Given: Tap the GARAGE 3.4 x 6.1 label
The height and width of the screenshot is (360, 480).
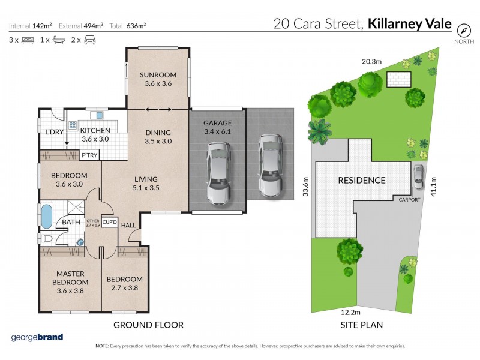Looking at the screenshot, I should click(217, 127).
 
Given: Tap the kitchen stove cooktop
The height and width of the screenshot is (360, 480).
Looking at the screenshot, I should click(73, 126).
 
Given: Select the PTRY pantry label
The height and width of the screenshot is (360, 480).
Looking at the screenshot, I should click(89, 155).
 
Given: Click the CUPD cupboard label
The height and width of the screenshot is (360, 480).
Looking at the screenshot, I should click(109, 221).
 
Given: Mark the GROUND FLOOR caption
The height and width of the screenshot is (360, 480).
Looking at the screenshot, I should click(148, 325).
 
